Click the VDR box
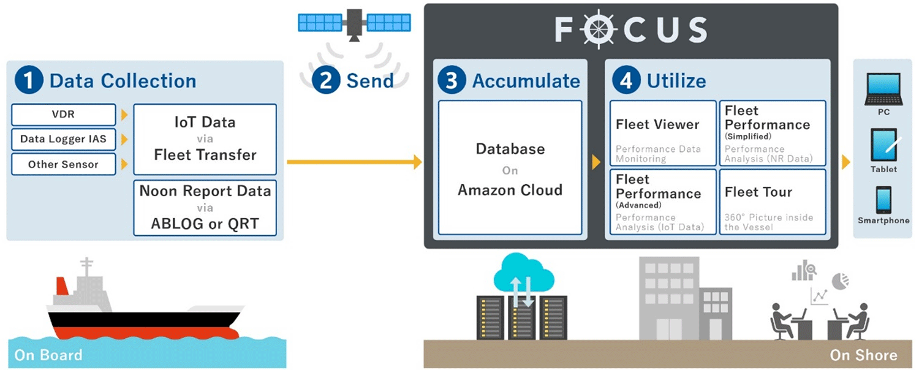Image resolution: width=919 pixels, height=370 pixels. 64,115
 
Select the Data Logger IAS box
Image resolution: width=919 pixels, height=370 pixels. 64,140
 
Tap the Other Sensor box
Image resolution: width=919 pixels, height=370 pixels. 64,164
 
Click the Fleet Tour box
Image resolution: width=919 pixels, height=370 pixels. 772,201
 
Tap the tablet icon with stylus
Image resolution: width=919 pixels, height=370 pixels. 883,145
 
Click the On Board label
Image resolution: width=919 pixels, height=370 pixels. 48,355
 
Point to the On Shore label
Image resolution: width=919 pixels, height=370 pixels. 863,355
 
